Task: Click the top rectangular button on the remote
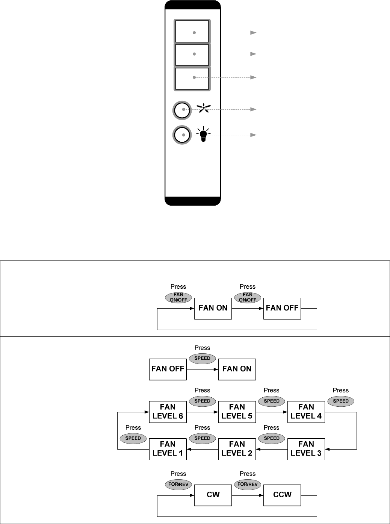192,32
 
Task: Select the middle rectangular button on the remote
192,55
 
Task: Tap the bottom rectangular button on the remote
192,79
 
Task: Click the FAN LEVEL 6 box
168,412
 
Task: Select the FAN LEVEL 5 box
237,412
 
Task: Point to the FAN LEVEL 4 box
306,412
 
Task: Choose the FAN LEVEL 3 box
306,449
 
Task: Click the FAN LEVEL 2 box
237,449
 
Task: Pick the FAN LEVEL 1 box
168,449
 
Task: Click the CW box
213,495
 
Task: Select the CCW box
282,495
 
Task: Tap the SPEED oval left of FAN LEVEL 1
133,438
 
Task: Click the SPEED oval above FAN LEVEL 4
341,401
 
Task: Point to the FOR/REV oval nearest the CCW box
247,485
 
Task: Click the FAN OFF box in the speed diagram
168,369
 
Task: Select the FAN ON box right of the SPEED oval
237,369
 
